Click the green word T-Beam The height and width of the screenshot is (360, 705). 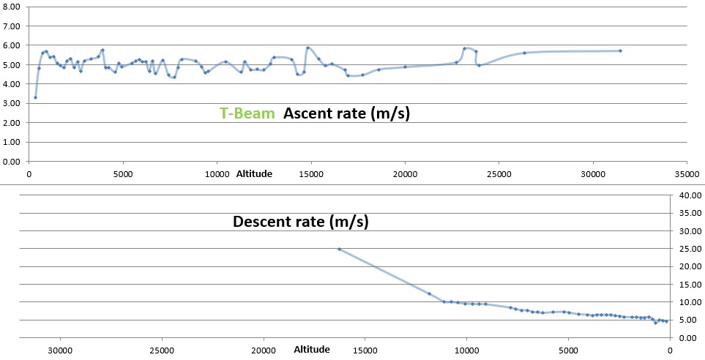[x=247, y=113]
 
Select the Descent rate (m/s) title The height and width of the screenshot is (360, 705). [x=300, y=221]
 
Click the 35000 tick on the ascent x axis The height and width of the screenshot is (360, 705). [x=686, y=174]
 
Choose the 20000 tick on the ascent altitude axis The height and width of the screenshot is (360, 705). [x=405, y=174]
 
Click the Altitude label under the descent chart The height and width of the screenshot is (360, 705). [x=312, y=350]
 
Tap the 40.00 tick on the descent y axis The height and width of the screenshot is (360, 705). [x=690, y=196]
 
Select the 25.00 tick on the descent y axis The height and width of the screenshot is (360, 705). [x=690, y=249]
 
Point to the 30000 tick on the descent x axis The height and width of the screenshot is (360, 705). [x=60, y=350]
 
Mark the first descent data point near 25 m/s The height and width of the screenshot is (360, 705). [x=339, y=249]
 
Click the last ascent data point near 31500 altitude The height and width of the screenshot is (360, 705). [x=620, y=50]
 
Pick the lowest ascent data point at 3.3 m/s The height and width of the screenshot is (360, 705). [x=35, y=97]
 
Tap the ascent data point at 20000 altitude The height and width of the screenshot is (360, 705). [x=405, y=67]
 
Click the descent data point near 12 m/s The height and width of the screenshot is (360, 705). [x=429, y=293]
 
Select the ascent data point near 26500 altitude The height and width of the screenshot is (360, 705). [x=524, y=53]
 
